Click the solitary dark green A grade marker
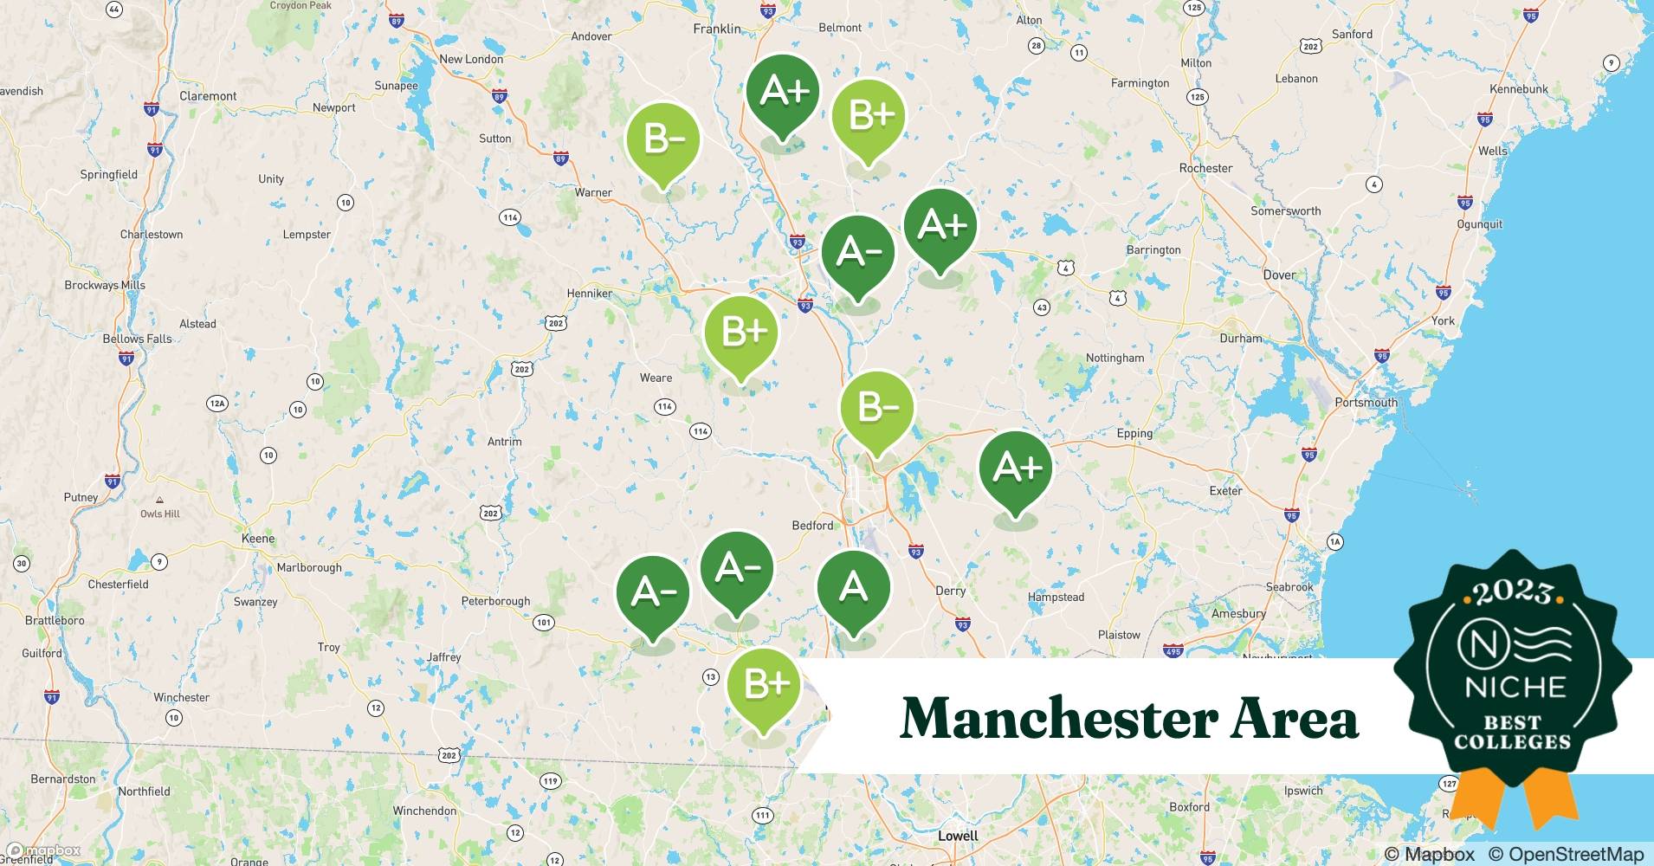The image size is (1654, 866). coord(853,590)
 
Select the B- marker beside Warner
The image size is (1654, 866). coord(662,140)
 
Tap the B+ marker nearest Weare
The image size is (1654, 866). coord(740,333)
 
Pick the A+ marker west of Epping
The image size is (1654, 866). coord(1015,469)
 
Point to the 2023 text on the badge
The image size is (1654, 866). coord(1513,592)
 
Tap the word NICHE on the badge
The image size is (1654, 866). coord(1515,688)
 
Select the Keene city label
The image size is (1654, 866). coord(257,539)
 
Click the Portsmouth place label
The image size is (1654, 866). coord(1366,403)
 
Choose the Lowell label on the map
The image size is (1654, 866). coord(958,836)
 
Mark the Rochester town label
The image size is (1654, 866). coord(1205,168)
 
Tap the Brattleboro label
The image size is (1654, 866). coord(55,620)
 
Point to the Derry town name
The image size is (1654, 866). coord(950,591)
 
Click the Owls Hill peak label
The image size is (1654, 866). coord(160,514)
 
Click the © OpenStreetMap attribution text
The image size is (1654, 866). coord(1566,854)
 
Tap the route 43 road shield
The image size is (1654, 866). coord(1041,307)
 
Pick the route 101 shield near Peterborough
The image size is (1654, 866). coord(543,622)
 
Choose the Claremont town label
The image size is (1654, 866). coord(208,96)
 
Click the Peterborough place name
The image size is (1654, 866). coord(495,601)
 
